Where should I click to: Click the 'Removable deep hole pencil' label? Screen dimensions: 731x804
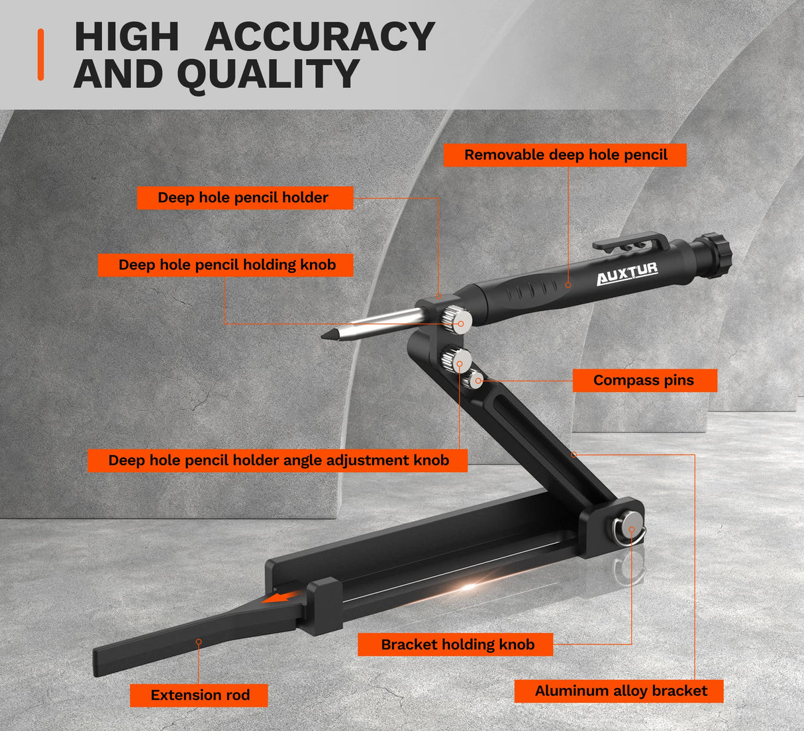click(565, 155)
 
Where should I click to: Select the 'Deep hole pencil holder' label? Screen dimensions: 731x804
click(244, 197)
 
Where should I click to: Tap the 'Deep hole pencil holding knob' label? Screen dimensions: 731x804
click(226, 265)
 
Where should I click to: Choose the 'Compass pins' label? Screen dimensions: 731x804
click(644, 380)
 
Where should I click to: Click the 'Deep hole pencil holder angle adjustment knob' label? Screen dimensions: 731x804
click(277, 460)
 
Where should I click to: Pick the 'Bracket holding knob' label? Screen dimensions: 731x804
click(456, 644)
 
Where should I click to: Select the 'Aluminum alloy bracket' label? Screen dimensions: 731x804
click(620, 691)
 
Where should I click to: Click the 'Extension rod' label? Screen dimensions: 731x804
click(199, 695)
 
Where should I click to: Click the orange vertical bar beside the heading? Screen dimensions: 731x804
click(40, 54)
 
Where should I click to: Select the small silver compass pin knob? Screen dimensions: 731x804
click(475, 379)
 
